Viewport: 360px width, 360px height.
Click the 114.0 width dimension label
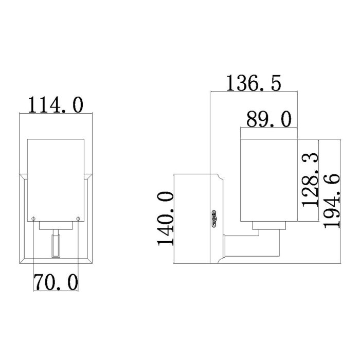click(55, 105)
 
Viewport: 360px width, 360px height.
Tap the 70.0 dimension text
click(56, 282)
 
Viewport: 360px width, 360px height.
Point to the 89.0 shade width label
click(268, 119)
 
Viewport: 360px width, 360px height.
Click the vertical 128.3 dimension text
click(310, 179)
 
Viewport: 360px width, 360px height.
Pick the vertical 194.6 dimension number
click(332, 201)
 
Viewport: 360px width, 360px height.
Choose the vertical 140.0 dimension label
click(166, 219)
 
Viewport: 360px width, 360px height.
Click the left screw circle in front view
click(33, 219)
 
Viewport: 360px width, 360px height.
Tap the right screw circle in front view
click(78, 219)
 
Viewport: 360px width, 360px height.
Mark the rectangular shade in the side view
click(269, 180)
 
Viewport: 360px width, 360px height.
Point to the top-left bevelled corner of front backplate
click(23, 178)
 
